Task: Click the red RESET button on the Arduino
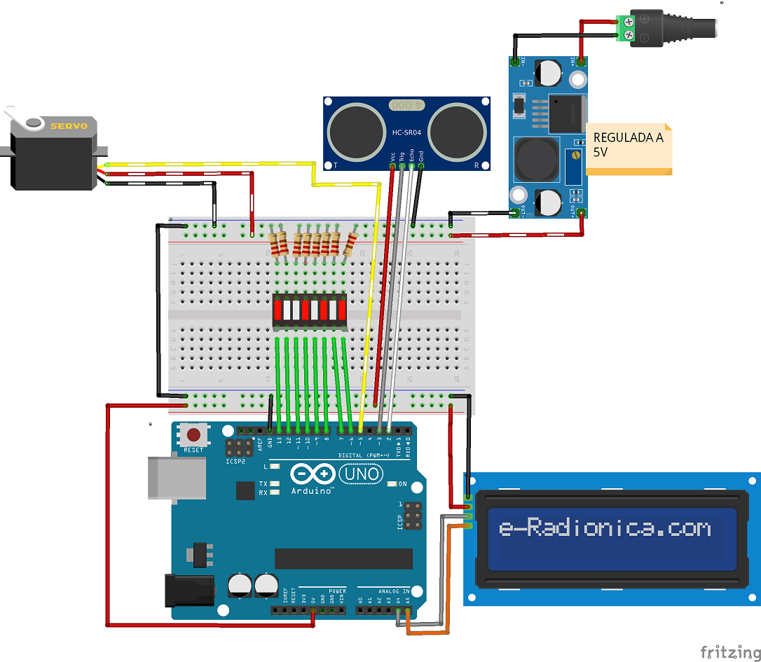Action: (x=193, y=434)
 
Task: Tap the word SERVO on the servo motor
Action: (x=69, y=126)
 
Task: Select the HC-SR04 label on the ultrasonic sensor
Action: (x=406, y=132)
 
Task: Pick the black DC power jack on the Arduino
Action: (x=188, y=590)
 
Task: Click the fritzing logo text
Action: (x=729, y=651)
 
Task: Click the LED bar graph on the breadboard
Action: (x=310, y=310)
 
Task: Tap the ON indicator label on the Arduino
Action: (x=402, y=484)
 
